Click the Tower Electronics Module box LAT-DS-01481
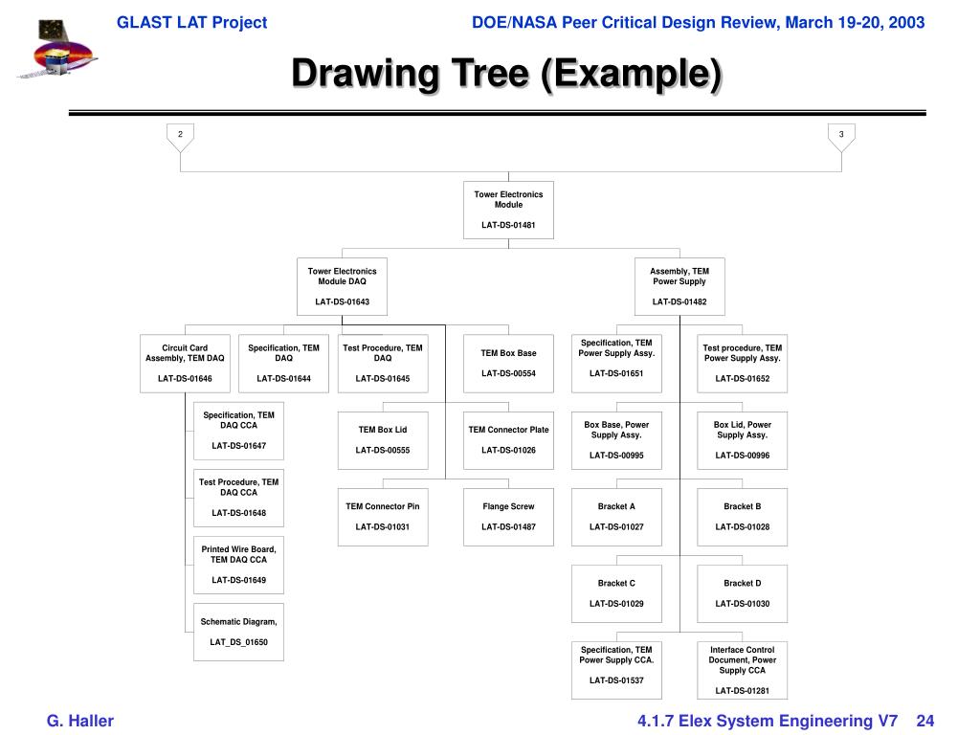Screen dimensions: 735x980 508,210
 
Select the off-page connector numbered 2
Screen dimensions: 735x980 180,136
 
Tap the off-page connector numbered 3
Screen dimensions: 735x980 841,136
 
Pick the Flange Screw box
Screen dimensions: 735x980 508,517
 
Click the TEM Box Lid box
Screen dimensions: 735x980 383,440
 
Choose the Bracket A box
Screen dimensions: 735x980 616,517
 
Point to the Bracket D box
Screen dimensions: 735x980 742,593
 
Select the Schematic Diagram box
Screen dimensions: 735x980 238,632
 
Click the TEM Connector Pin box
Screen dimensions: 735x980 383,517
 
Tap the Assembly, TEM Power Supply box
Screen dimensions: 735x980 679,286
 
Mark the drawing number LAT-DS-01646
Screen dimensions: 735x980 185,379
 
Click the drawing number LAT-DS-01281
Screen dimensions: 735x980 742,691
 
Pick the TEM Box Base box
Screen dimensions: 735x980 508,363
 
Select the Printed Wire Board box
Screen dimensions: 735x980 238,565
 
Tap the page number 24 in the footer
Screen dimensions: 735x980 924,721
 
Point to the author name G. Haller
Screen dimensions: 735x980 80,721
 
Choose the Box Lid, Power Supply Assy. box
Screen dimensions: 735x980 742,440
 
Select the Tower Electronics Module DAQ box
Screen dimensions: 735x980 342,286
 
